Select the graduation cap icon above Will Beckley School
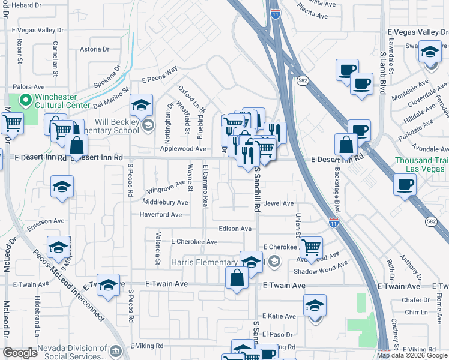(141, 106)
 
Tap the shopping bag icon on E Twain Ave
(237, 278)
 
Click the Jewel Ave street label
(279, 203)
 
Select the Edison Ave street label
(235, 229)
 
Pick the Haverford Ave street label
(160, 214)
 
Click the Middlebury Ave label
(166, 203)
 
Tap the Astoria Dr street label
(94, 49)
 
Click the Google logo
(20, 353)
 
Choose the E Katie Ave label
(279, 316)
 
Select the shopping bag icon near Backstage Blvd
(347, 145)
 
